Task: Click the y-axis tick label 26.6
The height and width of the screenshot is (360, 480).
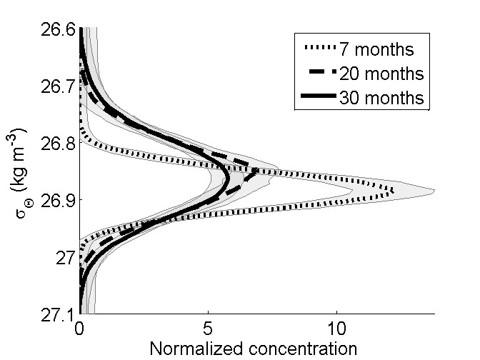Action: coord(56,30)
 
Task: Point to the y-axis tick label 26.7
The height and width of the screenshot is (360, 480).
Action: coord(56,86)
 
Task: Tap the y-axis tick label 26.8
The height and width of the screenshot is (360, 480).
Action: coord(56,144)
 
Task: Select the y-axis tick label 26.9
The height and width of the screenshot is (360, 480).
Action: coord(56,200)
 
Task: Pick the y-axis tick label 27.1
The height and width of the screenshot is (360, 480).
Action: coord(56,314)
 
